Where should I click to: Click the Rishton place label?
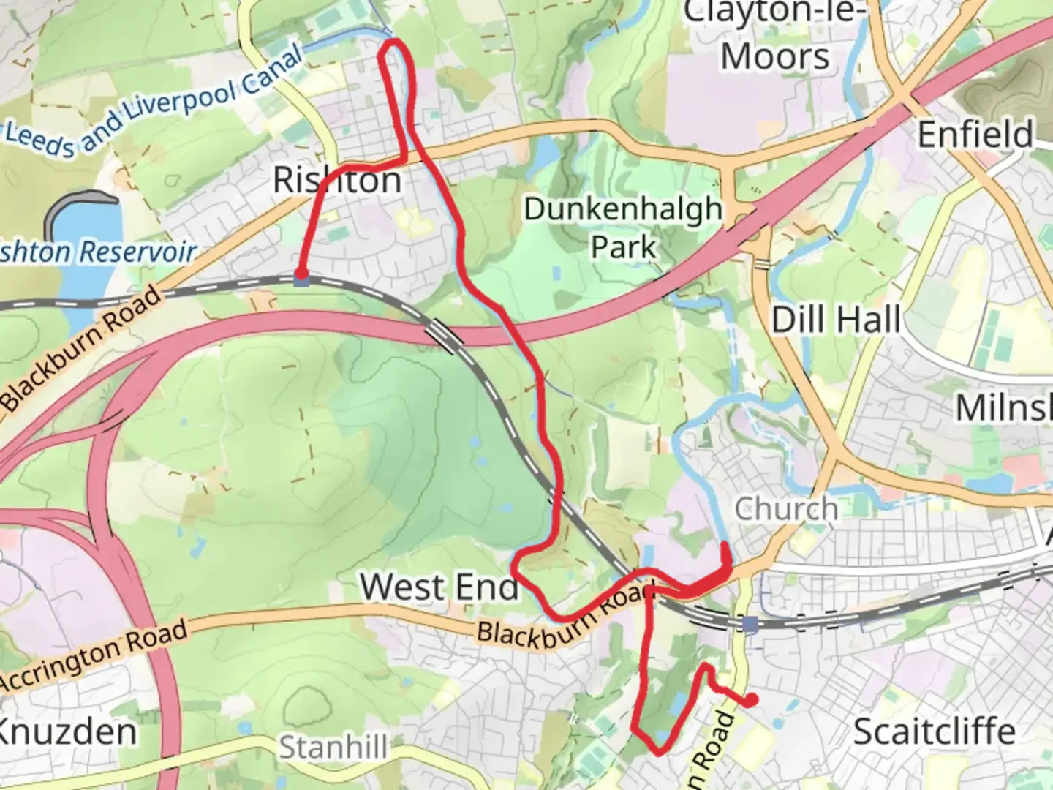point(337,180)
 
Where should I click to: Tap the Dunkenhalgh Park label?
point(623,227)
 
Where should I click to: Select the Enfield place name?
point(975,135)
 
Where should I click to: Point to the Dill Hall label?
point(836,320)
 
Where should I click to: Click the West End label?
point(439,587)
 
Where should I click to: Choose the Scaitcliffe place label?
point(934,731)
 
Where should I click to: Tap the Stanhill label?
point(333,748)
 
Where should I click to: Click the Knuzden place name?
point(67,731)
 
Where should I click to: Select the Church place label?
point(786,508)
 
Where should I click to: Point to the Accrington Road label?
point(94,656)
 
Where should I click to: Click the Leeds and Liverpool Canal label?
point(154,102)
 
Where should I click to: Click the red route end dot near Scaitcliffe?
point(751,701)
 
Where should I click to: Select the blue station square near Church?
point(750,624)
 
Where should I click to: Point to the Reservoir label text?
point(137,252)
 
